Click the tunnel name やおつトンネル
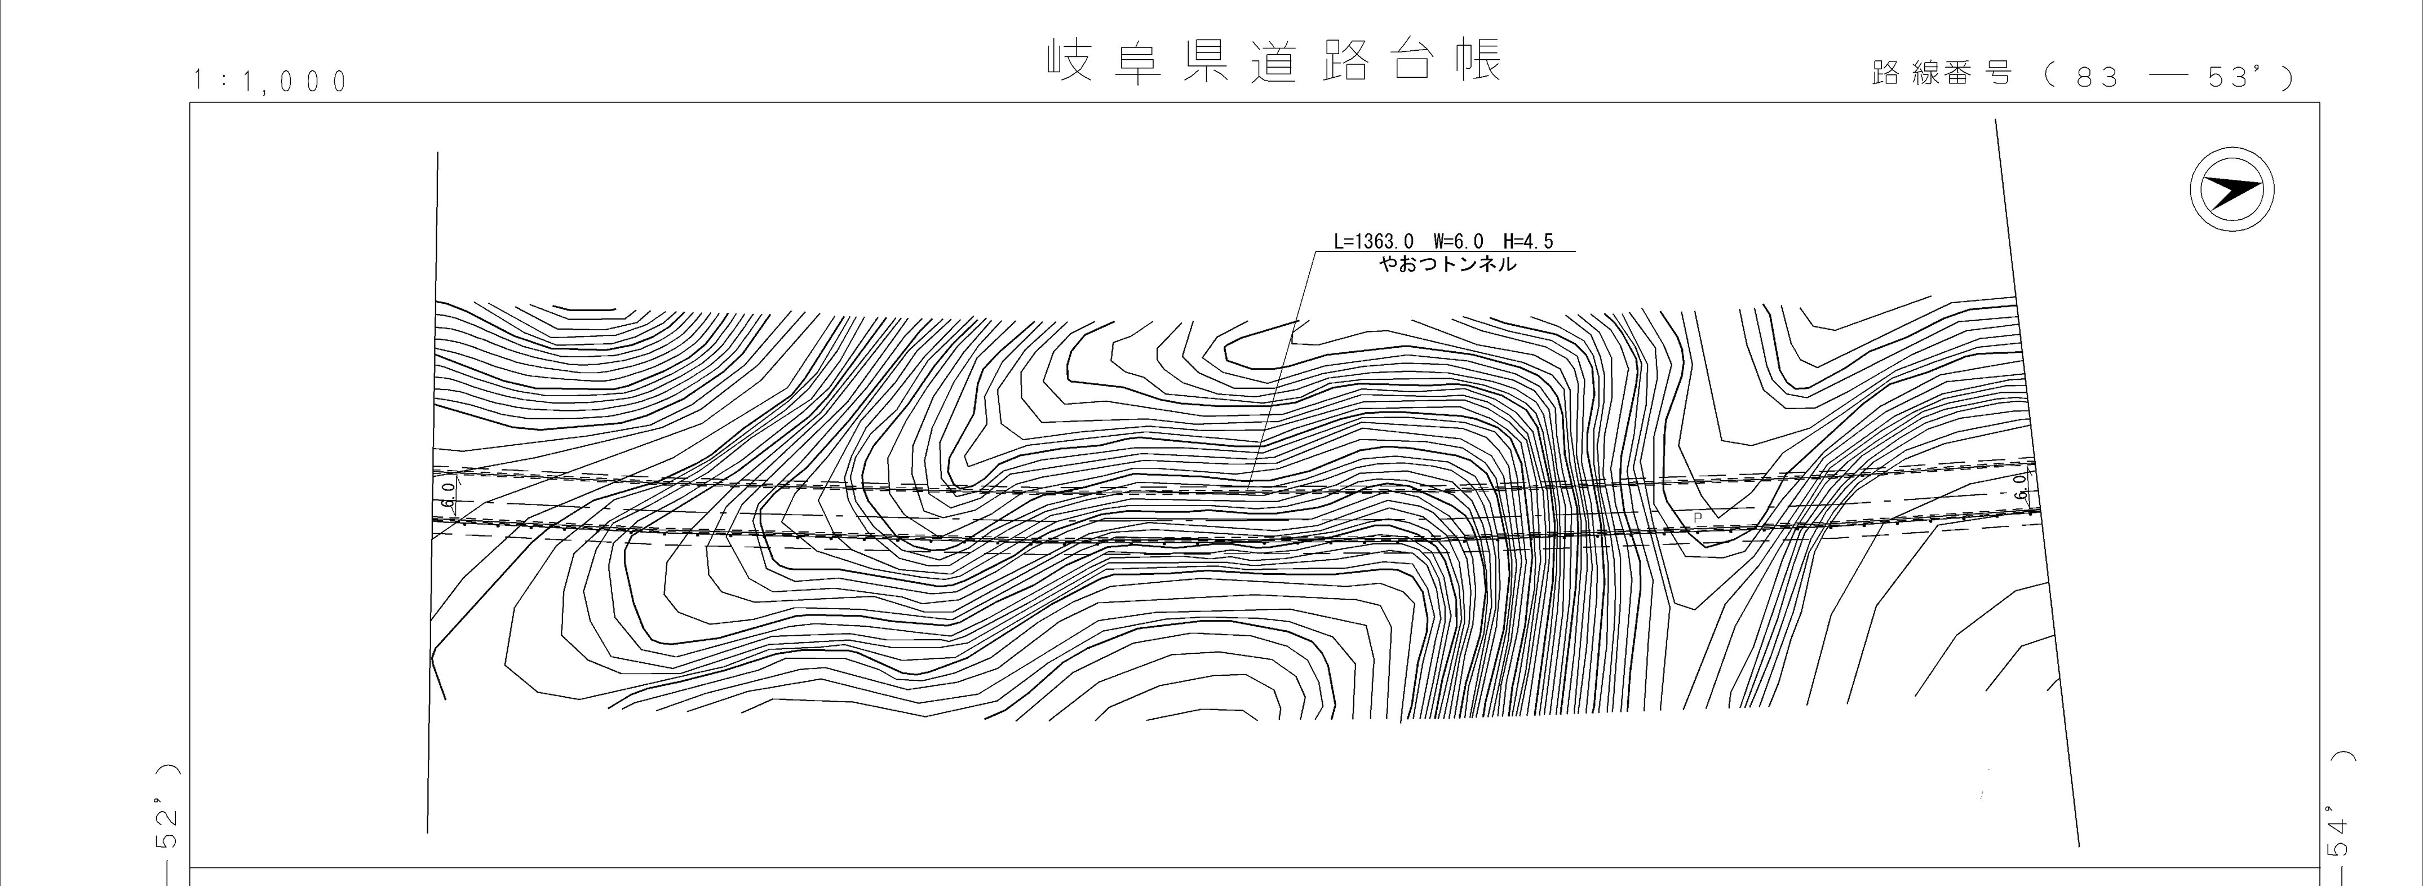tap(1447, 265)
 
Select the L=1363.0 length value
tap(1374, 242)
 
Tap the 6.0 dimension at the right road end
tap(2021, 485)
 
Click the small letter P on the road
tap(1697, 517)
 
